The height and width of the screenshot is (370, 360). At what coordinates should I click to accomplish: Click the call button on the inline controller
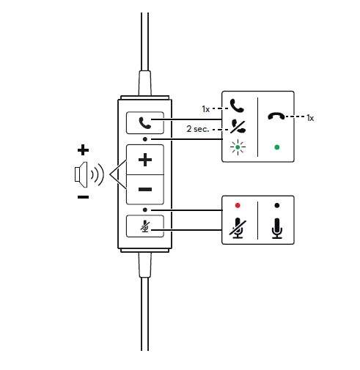[145, 123]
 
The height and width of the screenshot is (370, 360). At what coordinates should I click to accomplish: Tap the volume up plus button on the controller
[145, 160]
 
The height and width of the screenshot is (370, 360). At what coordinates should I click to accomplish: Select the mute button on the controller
[145, 226]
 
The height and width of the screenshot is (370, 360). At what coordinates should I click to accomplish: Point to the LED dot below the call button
[145, 139]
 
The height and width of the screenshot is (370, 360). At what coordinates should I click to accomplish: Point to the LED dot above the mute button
[145, 210]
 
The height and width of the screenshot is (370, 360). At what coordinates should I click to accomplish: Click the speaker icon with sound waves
[89, 174]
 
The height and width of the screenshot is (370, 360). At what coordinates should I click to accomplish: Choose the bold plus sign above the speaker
[83, 150]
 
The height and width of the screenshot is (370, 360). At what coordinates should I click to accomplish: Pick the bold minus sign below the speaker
[83, 197]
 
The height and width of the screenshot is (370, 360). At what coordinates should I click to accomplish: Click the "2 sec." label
[198, 129]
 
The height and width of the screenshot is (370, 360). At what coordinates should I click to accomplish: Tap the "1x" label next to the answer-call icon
[206, 109]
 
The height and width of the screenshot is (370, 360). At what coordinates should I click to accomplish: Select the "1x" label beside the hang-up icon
[310, 118]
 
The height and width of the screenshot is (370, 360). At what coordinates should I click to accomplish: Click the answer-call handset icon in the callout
[237, 106]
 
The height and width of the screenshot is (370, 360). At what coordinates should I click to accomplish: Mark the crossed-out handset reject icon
[238, 126]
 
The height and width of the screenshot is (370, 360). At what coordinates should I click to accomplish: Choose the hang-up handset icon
[276, 116]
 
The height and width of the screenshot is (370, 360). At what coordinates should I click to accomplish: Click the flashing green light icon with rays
[238, 147]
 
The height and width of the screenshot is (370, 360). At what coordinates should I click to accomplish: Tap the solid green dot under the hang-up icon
[277, 147]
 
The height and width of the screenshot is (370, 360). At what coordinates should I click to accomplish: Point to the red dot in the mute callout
[238, 205]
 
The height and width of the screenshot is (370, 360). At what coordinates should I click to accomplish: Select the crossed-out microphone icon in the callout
[238, 228]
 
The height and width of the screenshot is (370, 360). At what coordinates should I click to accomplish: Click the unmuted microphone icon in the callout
[277, 228]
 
